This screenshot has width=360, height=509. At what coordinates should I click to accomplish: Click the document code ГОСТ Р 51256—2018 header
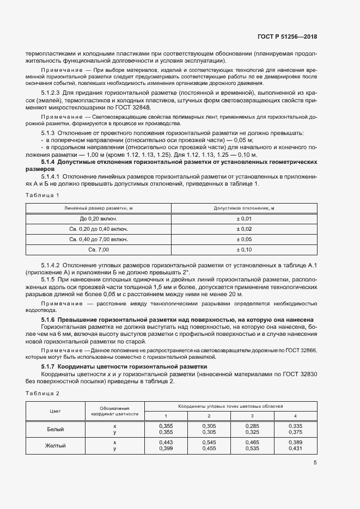[286, 36]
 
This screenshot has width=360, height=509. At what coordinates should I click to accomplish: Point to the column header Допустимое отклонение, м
[243, 208]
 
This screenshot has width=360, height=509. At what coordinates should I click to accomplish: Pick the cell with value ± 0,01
[243, 218]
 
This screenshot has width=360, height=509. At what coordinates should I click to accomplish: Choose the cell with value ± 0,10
[243, 249]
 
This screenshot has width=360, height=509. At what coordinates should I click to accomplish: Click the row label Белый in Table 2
[55, 430]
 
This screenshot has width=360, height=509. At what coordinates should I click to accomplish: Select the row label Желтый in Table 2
[55, 446]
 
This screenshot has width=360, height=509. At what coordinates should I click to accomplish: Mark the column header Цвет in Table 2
[55, 411]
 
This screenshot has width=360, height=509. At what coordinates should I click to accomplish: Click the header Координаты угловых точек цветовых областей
[231, 407]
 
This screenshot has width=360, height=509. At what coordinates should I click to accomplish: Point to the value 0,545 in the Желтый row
[209, 442]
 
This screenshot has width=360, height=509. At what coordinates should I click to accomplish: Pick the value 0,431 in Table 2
[295, 449]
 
